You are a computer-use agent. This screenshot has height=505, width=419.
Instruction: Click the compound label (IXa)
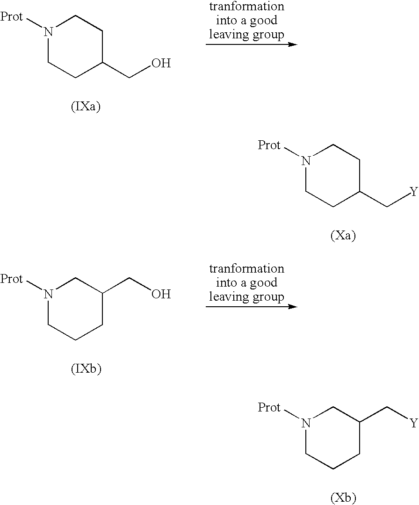coord(86,107)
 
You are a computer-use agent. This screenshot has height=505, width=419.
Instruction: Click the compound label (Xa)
coord(343,236)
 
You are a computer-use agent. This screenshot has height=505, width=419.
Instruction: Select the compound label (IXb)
coord(86,369)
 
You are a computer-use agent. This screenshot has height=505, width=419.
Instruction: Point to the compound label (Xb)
coord(343,498)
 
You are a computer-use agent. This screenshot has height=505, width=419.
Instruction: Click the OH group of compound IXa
coord(161,63)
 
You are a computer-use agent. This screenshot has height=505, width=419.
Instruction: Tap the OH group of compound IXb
coord(161,294)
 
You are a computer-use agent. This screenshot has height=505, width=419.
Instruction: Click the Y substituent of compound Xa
coord(414,192)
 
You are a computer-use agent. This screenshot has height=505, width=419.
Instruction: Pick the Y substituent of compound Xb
coord(414,423)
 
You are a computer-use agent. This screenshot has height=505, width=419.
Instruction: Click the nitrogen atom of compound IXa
coord(48,32)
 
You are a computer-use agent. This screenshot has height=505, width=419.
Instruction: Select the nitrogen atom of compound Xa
coord(306,161)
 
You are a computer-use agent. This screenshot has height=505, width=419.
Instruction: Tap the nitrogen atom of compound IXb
coord(48,294)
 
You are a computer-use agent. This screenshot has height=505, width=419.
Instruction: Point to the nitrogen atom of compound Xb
coord(306,423)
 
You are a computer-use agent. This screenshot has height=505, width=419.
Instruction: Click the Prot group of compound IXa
coord(12,16)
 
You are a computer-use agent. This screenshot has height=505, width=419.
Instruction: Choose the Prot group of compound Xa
coord(269,145)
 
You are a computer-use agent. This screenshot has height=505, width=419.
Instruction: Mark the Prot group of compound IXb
coord(12,279)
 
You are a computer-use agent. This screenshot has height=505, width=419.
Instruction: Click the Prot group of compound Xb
coord(269,407)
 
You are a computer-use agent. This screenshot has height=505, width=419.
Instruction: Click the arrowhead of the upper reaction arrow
coord(293,44)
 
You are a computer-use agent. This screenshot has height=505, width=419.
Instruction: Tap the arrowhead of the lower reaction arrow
coord(293,306)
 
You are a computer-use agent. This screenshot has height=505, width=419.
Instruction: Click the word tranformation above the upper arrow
coord(247,7)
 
